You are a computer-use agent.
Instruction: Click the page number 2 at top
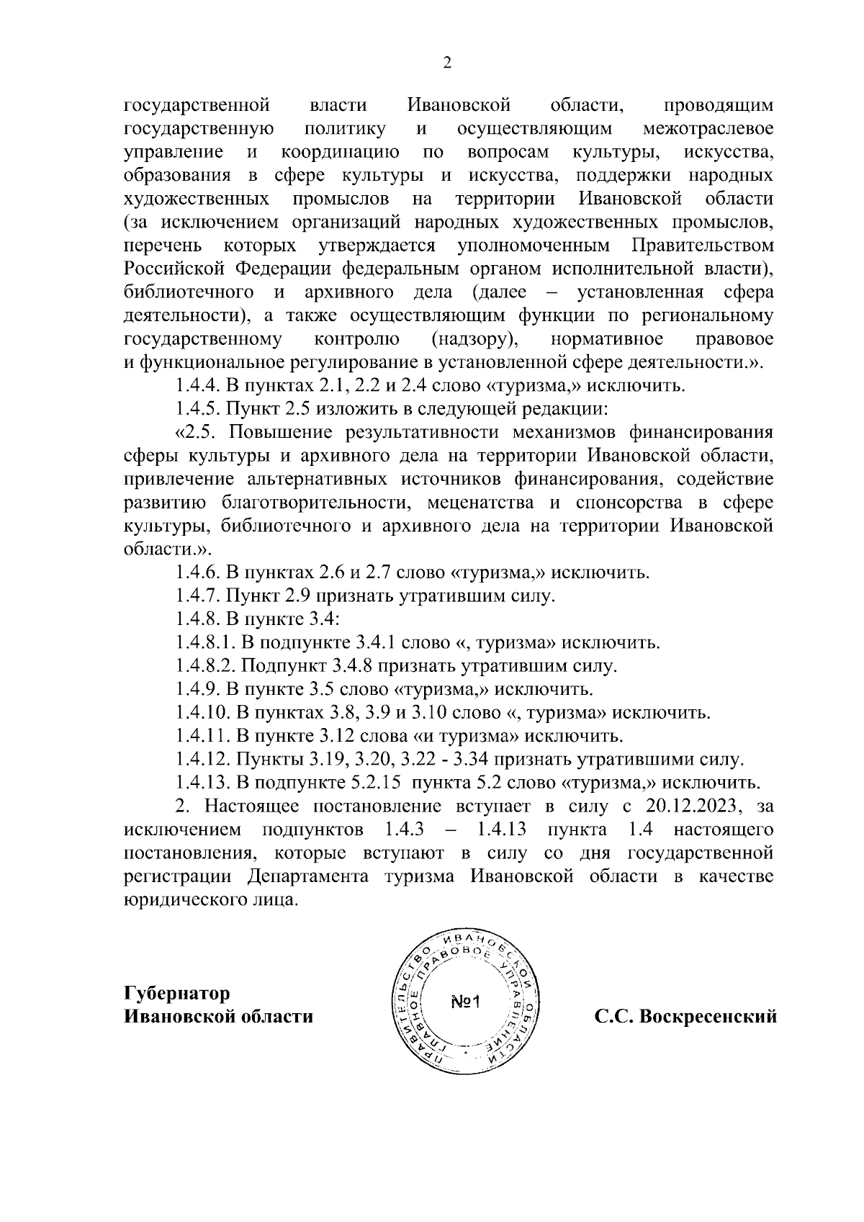(446, 63)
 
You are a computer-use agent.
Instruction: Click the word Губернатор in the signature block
(177, 993)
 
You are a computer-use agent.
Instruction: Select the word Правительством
(703, 246)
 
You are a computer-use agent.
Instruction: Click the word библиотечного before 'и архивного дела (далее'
(189, 292)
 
